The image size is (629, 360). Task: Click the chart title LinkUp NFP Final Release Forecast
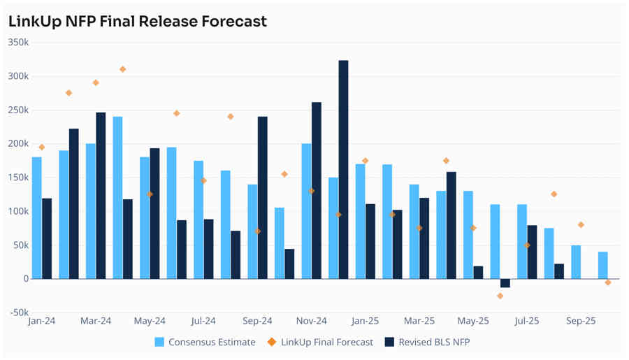point(138,22)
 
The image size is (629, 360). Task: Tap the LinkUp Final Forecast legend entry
point(326,342)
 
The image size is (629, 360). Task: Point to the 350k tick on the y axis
point(18,42)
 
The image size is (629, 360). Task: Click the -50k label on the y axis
point(18,312)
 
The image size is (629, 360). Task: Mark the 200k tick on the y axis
point(18,143)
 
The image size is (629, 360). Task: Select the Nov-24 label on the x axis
point(311,322)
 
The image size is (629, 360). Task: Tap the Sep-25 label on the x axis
point(581,322)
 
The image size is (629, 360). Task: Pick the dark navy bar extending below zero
point(505,283)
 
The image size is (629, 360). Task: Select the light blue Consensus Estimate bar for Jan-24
point(37,217)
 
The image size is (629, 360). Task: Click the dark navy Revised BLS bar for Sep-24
point(263,197)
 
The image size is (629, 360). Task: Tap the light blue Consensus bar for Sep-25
point(576,261)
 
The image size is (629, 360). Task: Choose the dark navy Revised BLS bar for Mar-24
point(101,195)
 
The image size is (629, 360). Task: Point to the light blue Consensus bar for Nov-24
point(306,210)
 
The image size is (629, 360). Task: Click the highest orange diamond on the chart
point(123,69)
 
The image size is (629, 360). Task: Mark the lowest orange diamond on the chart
point(500,296)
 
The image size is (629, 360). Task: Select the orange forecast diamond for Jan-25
point(365,161)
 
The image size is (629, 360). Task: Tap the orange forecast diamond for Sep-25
point(581,225)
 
